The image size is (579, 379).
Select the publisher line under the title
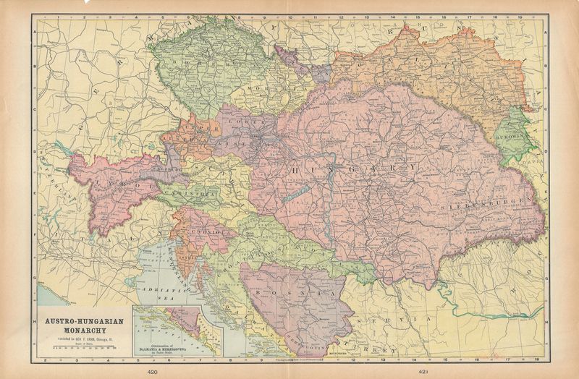click(x=80, y=338)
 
